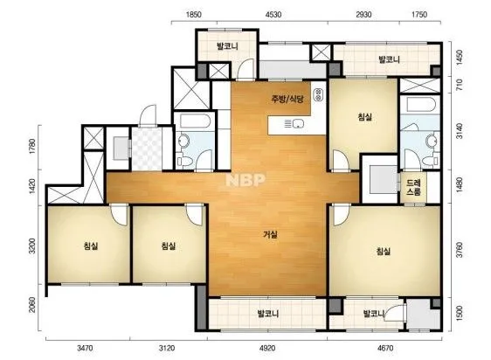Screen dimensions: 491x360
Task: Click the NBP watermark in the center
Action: (245, 180)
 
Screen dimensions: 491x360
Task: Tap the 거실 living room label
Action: (271, 234)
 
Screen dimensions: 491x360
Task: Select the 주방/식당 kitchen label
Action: (287, 100)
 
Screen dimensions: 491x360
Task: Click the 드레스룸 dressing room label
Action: (413, 187)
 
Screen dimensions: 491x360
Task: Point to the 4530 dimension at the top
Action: (273, 14)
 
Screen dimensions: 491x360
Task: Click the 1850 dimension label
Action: (194, 14)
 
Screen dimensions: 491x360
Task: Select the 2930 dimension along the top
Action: (363, 14)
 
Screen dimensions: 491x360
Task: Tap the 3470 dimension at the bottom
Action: (85, 348)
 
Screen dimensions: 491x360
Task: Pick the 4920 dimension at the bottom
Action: (267, 348)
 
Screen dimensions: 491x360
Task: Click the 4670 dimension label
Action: (384, 348)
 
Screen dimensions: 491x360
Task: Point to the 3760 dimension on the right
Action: (459, 249)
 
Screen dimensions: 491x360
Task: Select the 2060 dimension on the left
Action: (32, 305)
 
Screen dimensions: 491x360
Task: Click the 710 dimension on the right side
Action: (459, 85)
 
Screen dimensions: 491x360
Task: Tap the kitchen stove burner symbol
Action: (319, 95)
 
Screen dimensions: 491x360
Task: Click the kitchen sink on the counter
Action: (298, 124)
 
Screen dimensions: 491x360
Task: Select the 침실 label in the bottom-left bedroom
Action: (91, 246)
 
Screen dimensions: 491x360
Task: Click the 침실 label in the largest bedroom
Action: (384, 251)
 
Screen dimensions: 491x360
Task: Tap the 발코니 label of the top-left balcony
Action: (227, 46)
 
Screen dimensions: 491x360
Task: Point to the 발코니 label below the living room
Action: (267, 314)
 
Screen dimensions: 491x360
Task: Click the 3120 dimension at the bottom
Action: (167, 348)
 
